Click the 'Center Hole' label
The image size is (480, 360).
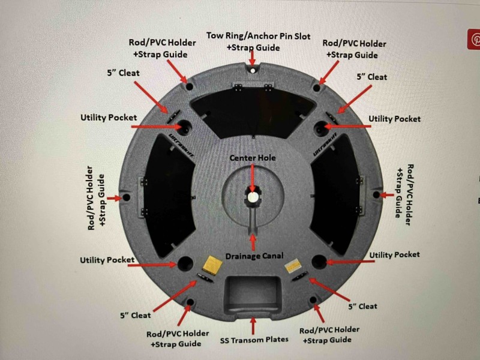click(253, 158)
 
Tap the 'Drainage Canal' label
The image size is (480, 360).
click(254, 256)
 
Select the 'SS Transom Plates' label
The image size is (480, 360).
click(254, 340)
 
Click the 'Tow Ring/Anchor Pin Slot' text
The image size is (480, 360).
click(259, 36)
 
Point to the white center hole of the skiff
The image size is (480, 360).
click(253, 197)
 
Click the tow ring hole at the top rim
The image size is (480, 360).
click(252, 71)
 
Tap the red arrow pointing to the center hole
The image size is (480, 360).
click(253, 178)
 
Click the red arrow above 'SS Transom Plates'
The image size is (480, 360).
click(253, 326)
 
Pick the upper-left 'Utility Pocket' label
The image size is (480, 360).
click(109, 118)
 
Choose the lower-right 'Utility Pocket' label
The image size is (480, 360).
click(394, 254)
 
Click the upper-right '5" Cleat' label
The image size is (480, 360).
click(371, 77)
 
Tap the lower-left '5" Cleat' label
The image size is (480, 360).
click(136, 316)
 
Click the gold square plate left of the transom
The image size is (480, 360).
click(212, 265)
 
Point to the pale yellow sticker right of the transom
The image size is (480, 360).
click(293, 266)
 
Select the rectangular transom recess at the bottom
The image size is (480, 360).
click(253, 295)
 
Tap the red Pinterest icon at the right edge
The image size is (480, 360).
click(474, 39)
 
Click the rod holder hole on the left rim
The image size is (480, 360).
click(126, 197)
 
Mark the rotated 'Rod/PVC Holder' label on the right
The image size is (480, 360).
click(410, 194)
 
